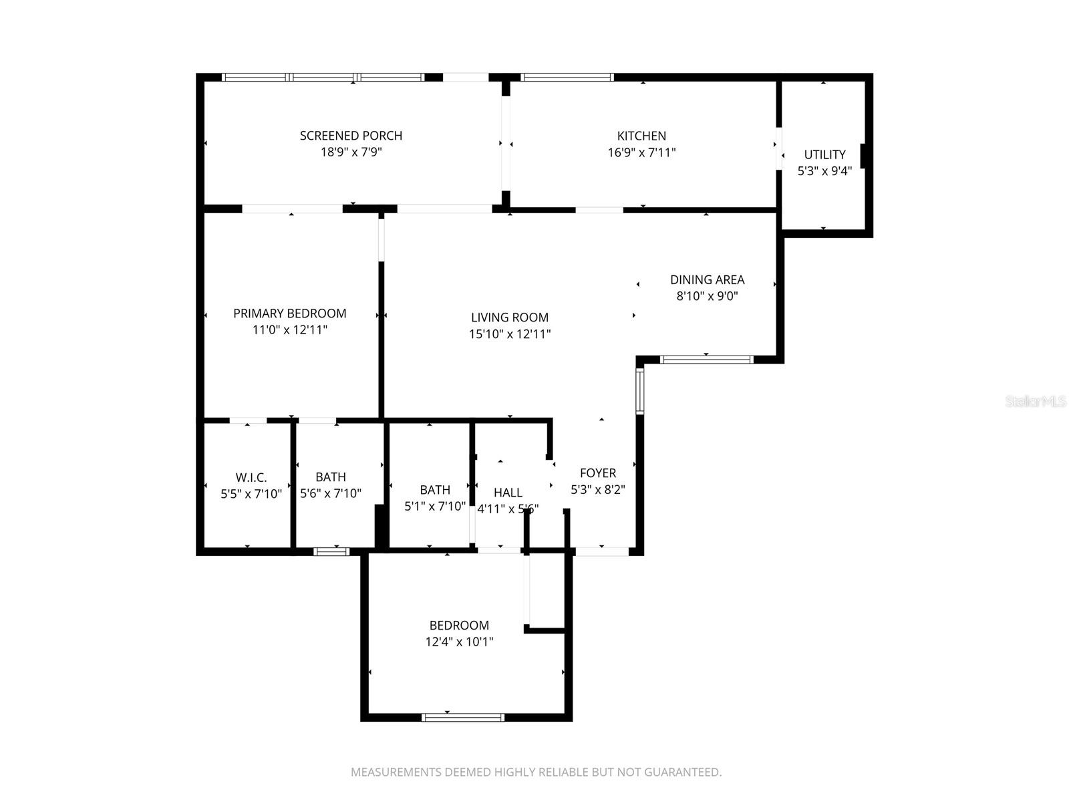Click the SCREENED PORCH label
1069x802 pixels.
[351, 136]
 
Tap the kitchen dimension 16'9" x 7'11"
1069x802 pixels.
[641, 152]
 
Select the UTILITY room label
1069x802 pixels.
[824, 154]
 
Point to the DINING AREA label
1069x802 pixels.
[707, 280]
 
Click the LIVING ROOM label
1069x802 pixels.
[509, 317]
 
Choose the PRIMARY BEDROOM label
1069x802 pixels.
[289, 313]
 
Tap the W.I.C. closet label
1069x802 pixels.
[251, 478]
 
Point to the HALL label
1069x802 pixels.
[508, 493]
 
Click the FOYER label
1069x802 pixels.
[597, 473]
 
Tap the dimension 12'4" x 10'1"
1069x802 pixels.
[459, 642]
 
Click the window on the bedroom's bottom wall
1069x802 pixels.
[463, 717]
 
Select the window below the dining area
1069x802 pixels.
[706, 360]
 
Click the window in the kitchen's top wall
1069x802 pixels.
[567, 77]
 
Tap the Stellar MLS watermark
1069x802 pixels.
[1035, 402]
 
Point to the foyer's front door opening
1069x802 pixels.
[601, 551]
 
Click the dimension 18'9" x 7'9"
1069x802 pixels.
[351, 152]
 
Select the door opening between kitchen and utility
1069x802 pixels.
[778, 148]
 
